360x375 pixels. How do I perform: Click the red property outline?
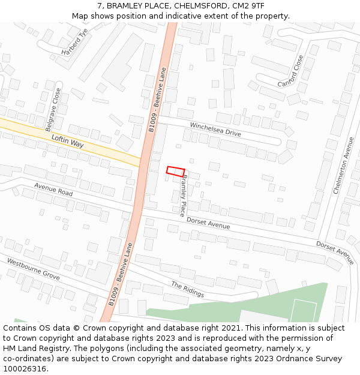(175, 172)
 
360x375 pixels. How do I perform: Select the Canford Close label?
(291, 71)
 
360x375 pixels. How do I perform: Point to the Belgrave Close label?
(53, 110)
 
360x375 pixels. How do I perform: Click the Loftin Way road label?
(67, 142)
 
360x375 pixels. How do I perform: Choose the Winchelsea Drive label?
(215, 129)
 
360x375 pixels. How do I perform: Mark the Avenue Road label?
(53, 189)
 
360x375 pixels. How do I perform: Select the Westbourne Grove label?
(34, 269)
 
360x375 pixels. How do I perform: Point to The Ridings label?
(188, 289)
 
